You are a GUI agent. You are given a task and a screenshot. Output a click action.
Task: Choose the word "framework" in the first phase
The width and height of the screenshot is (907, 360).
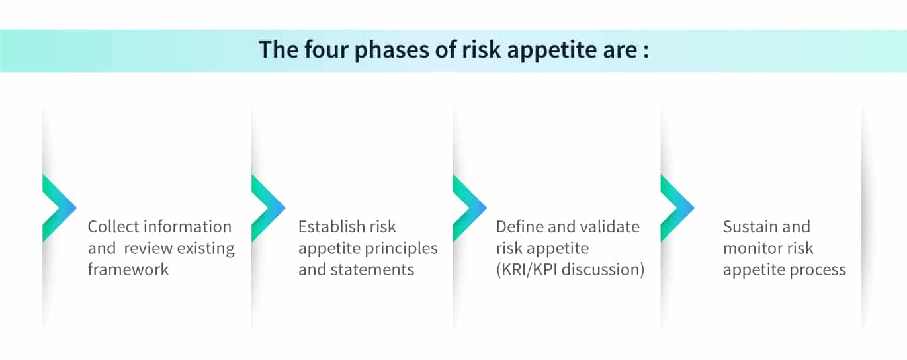[x=128, y=269]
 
